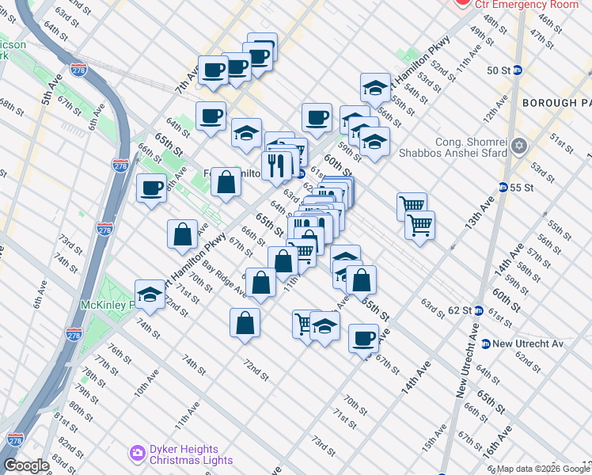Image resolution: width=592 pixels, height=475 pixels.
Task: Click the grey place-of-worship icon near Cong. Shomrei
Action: click(x=519, y=146)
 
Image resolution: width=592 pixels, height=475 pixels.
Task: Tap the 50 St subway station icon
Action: click(x=518, y=70)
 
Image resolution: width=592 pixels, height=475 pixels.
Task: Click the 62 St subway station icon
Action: click(x=476, y=310)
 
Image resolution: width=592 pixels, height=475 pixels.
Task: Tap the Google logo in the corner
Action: click(x=25, y=465)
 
